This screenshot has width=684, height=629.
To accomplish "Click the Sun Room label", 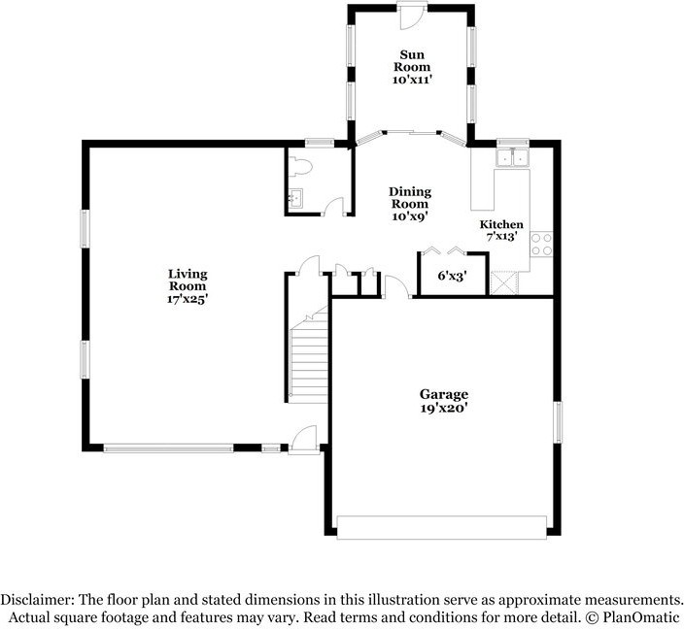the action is pos(412,61).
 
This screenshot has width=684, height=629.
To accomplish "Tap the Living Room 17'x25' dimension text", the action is pos(188,299).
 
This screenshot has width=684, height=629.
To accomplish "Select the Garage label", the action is pos(444,394).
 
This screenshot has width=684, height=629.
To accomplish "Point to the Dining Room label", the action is pos(410,197).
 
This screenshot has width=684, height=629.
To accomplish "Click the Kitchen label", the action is pos(501,224).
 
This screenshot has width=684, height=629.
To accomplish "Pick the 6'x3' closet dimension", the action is pos(453,276).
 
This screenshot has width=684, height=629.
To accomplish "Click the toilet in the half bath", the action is pos(301,167).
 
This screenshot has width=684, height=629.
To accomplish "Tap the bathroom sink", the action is pos(295,199).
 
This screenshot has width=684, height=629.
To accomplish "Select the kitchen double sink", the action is pos(513,157).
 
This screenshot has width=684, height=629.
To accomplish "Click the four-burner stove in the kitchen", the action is pos(541,244).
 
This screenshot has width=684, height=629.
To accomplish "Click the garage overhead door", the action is pos(442,527).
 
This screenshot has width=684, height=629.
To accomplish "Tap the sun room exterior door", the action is pos(412,17).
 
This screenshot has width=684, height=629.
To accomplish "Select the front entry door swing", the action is pos(304,439).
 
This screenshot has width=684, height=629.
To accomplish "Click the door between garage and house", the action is pos(397,286).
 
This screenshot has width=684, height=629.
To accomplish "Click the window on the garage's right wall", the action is pos(558,422).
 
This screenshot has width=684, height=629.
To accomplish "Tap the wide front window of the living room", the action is pos(168,447).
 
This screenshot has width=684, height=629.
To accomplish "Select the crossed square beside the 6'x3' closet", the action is pos(504,282).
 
